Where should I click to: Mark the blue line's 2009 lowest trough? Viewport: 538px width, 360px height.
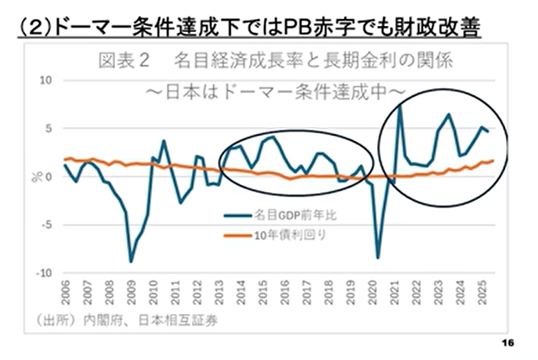[x=131, y=260]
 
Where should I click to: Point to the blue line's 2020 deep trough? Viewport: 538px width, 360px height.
[x=378, y=257]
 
